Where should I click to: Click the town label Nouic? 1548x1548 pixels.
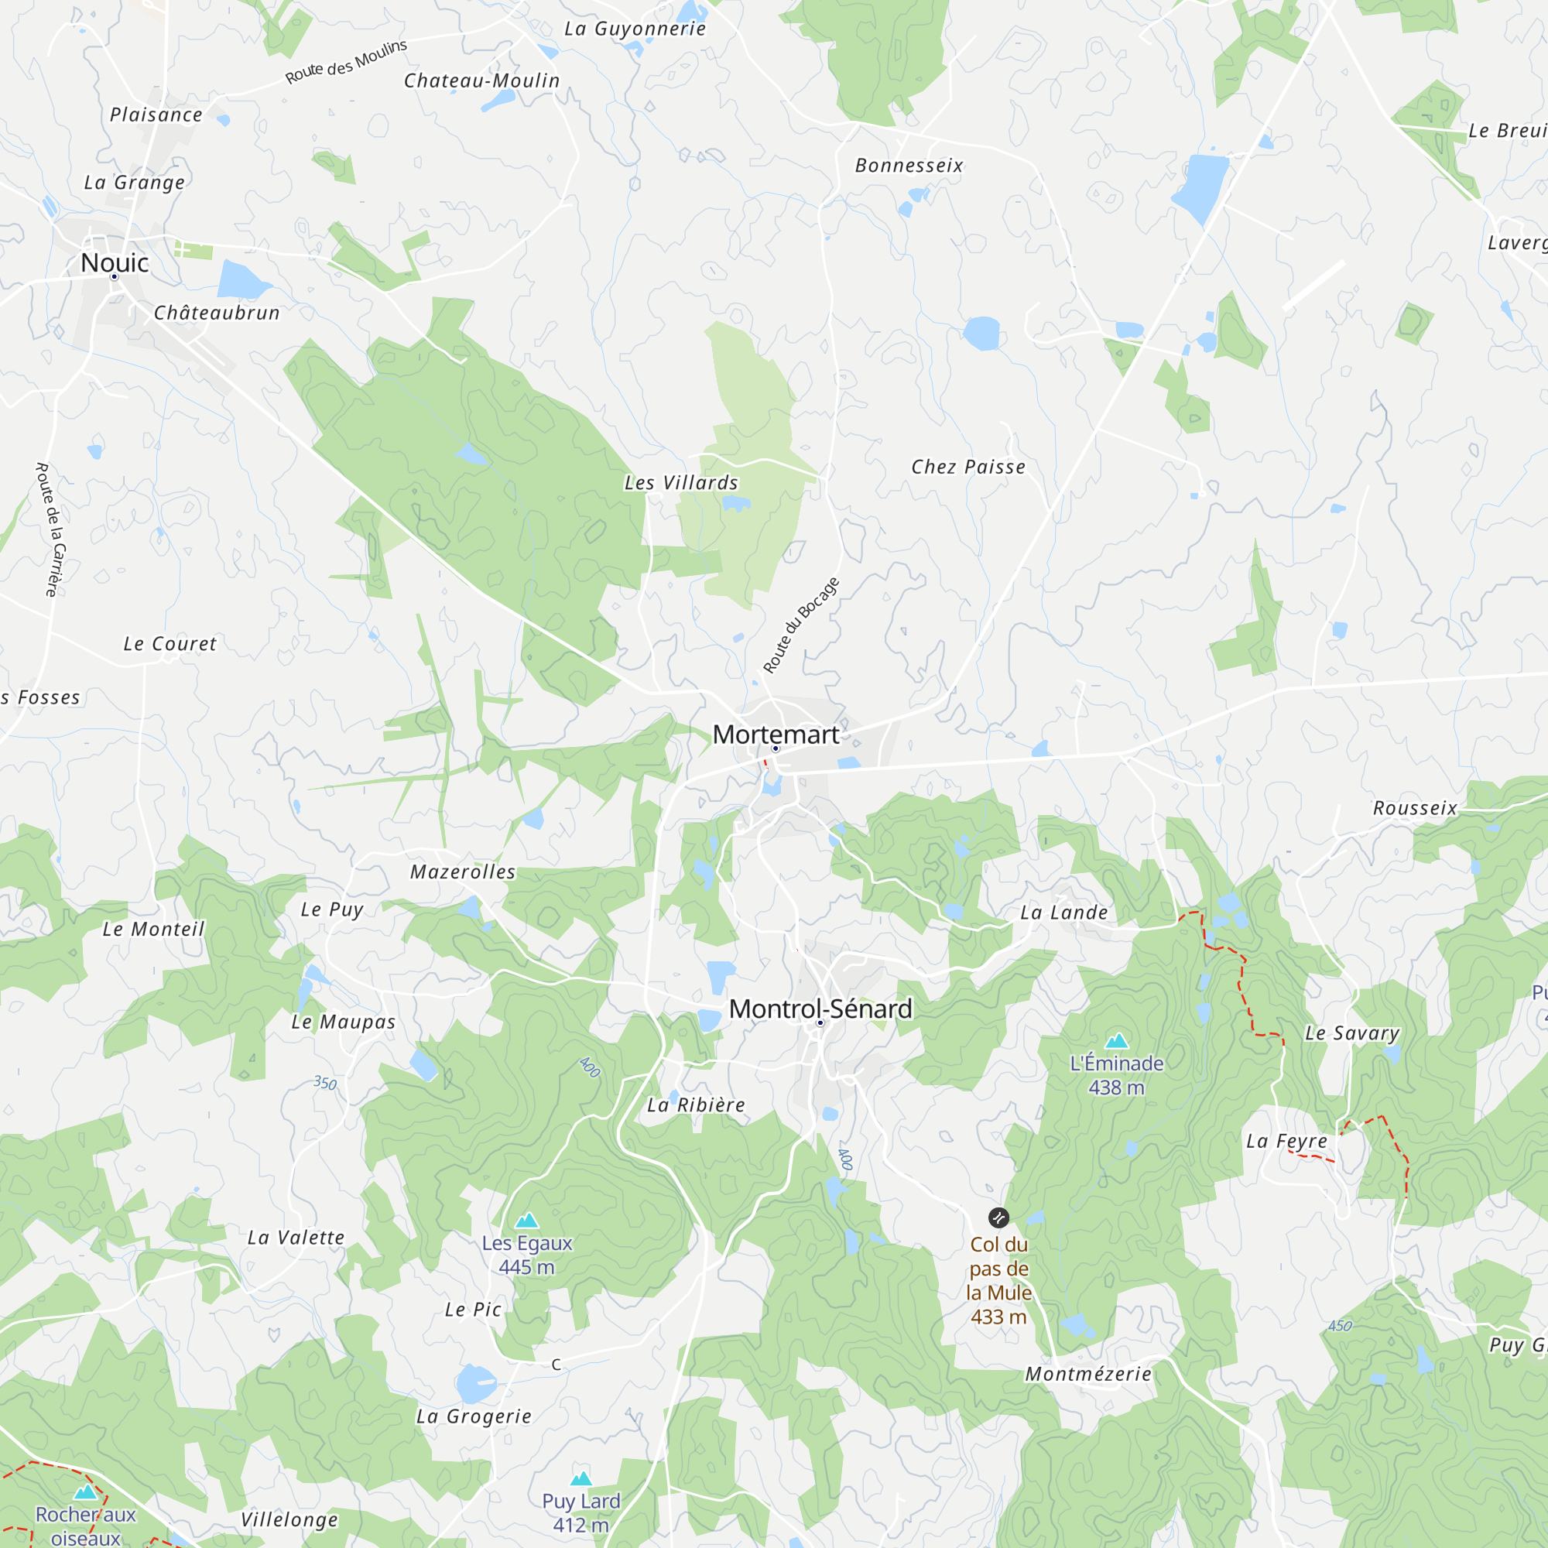115,263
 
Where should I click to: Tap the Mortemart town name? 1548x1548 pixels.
776,734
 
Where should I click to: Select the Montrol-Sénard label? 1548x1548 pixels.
820,1009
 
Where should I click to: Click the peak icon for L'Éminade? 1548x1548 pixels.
1116,1042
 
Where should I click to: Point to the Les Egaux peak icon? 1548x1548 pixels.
526,1221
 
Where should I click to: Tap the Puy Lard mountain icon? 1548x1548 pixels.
581,1479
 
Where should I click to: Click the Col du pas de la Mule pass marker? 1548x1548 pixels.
998,1218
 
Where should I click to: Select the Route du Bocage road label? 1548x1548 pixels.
800,625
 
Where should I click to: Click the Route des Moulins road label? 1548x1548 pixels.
346,62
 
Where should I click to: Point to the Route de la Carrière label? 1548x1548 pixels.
50,529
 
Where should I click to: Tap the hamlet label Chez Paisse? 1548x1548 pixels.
968,467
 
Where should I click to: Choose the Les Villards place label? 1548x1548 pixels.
681,482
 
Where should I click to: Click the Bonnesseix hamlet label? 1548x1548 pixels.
909,166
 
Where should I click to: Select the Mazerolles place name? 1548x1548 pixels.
463,872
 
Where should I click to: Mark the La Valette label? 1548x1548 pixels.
296,1238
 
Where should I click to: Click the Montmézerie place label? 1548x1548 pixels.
1088,1374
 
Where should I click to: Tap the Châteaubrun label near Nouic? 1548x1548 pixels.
217,313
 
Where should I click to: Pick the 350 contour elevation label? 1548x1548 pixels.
324,1084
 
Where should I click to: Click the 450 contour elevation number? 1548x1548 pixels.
1340,1326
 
